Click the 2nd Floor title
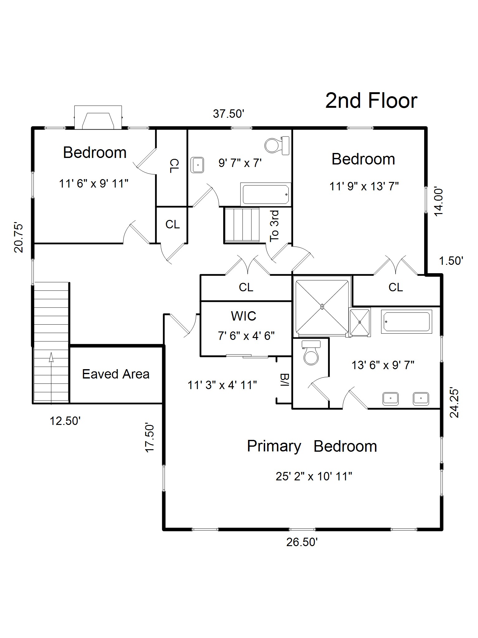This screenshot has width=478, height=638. point(371,101)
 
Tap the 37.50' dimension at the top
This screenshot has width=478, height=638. point(228,114)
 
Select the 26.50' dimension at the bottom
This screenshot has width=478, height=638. point(302,542)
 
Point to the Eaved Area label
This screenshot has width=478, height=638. point(116,374)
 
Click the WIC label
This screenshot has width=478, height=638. point(243,316)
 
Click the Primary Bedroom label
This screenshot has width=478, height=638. point(312,446)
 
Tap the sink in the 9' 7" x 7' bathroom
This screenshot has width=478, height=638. point(197,165)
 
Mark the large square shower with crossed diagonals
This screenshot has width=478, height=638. point(322,307)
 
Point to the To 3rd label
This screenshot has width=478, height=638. point(274,226)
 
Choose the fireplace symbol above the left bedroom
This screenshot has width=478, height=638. point(98,117)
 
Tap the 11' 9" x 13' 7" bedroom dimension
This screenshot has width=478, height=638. point(364,186)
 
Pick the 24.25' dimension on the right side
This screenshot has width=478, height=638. point(454,403)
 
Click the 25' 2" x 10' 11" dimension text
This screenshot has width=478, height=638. point(314,476)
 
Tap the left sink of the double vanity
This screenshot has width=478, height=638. point(391,399)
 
